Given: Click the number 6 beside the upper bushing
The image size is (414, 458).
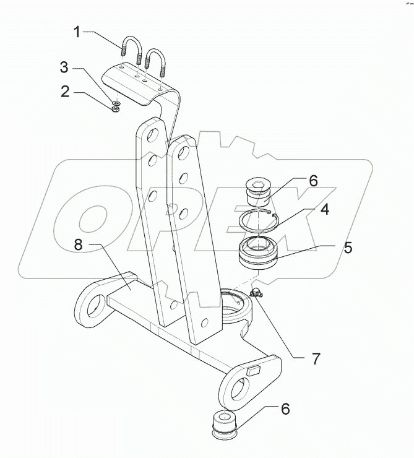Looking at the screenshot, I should pyautogui.click(x=313, y=181).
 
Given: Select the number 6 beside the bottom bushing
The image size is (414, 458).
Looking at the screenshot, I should pyautogui.click(x=285, y=409).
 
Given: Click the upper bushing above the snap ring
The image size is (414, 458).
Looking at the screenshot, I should pyautogui.click(x=259, y=192).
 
